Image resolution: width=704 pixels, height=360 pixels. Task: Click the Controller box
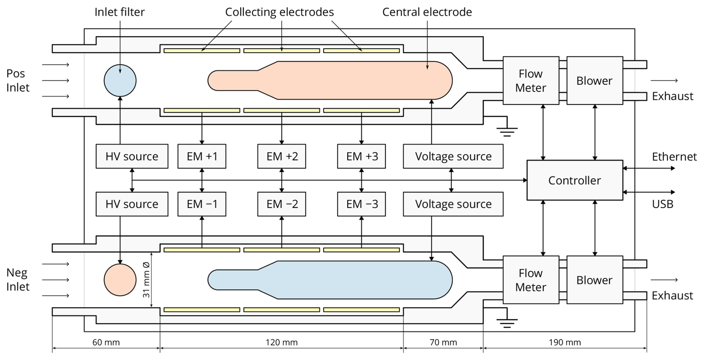[x=575, y=180]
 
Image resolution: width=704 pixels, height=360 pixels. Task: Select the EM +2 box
[x=282, y=156]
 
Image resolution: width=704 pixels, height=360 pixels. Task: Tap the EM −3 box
[x=361, y=204]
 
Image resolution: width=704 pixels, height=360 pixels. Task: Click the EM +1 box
[x=202, y=156]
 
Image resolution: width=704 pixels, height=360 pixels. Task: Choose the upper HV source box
[x=132, y=156]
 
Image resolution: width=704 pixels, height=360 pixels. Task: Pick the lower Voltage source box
[x=453, y=204]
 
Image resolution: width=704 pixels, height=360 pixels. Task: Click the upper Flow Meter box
[x=531, y=81]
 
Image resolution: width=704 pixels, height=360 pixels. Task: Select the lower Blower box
[x=594, y=280]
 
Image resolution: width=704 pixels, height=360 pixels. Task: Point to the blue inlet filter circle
[x=120, y=81]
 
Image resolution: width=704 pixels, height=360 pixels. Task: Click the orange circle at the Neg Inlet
[x=120, y=280]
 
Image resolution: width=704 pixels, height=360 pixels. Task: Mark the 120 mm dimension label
[x=282, y=343]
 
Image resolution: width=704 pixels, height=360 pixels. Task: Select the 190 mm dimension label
[x=564, y=343]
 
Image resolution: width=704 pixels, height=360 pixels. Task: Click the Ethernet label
[x=674, y=157]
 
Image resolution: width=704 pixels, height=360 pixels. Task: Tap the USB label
[x=662, y=204]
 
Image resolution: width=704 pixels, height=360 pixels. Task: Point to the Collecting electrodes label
[x=279, y=12]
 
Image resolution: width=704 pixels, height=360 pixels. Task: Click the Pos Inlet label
[x=17, y=81]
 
